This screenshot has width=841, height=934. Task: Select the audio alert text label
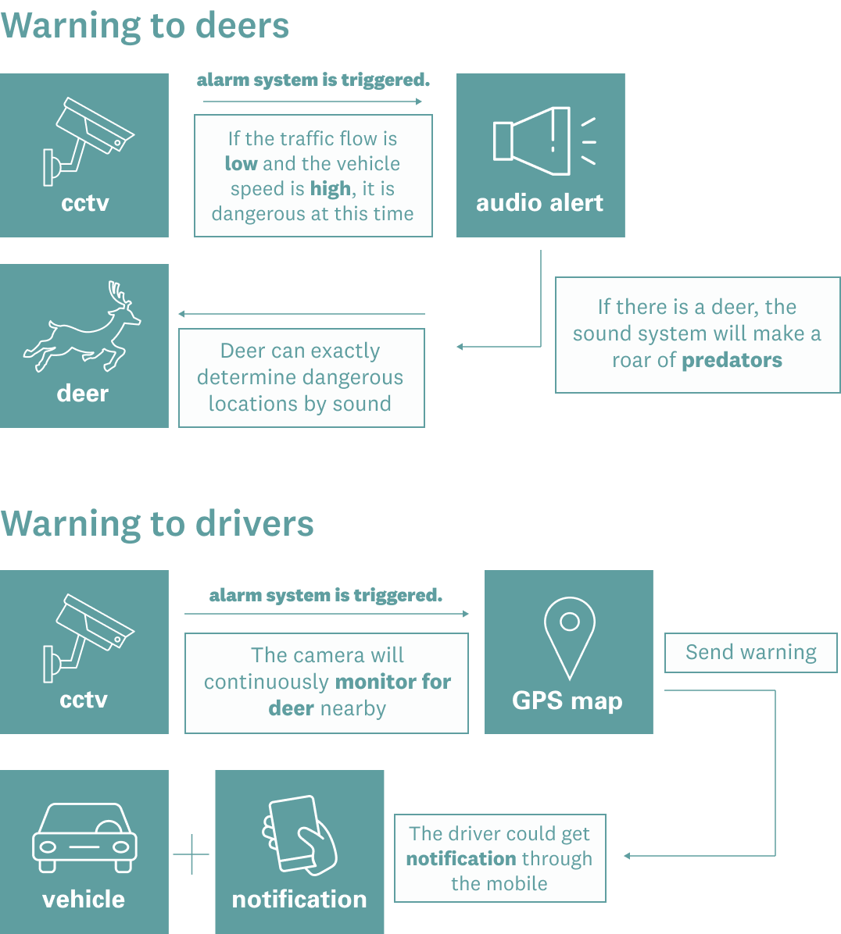[x=539, y=203]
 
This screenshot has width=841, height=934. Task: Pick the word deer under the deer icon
[x=83, y=393]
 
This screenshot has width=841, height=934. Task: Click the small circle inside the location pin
[x=570, y=622]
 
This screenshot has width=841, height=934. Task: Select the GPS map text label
[x=567, y=700]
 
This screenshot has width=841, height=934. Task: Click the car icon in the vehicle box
[x=84, y=837]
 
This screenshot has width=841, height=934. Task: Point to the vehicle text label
[x=84, y=899]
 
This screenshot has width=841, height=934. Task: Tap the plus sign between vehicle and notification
[x=191, y=854]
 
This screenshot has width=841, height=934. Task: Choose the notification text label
[x=299, y=899]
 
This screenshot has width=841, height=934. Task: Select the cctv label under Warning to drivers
[x=84, y=699]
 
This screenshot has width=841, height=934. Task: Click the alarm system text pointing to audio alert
[x=313, y=80]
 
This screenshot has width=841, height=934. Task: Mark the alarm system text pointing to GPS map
[x=326, y=595]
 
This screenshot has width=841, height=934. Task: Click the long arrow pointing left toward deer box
[x=301, y=314]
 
